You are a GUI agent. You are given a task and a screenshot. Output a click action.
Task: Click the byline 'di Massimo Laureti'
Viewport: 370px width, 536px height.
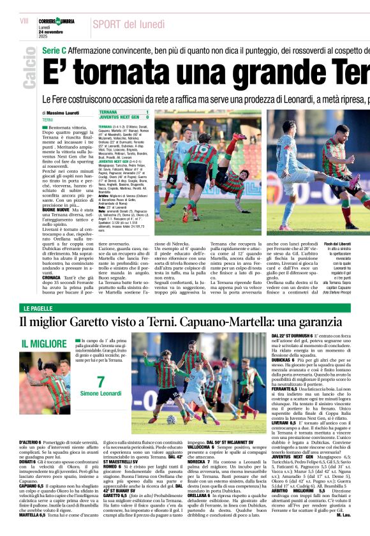coord(63,113)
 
